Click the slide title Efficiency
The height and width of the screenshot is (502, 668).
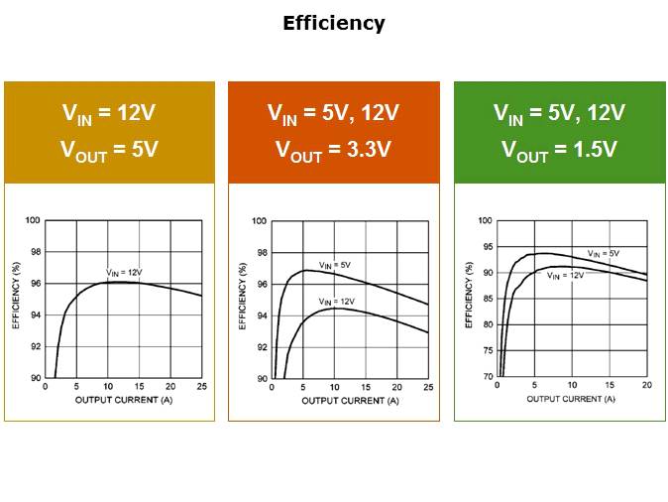pos(334,23)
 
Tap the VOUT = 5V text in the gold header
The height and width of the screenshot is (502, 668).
pos(109,150)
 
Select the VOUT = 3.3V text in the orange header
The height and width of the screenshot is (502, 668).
pos(333,150)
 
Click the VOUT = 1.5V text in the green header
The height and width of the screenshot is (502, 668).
pos(559,150)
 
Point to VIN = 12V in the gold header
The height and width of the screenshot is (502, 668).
pos(109,113)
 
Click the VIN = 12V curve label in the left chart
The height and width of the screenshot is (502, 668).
pos(125,272)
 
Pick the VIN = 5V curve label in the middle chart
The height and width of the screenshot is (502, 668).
pos(334,265)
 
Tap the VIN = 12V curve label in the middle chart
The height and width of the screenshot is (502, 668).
pos(337,301)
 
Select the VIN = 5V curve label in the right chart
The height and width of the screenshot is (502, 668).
pos(603,254)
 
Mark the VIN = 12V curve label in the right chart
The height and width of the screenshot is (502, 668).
pos(565,276)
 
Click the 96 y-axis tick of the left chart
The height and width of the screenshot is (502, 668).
pos(37,284)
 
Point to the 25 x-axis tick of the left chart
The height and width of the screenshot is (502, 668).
pos(202,386)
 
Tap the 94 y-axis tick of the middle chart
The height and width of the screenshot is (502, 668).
pos(262,315)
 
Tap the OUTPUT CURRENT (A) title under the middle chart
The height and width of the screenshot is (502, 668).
pos(350,400)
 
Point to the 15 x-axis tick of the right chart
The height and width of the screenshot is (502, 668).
pos(609,385)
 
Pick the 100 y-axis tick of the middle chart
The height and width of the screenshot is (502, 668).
pos(260,221)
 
